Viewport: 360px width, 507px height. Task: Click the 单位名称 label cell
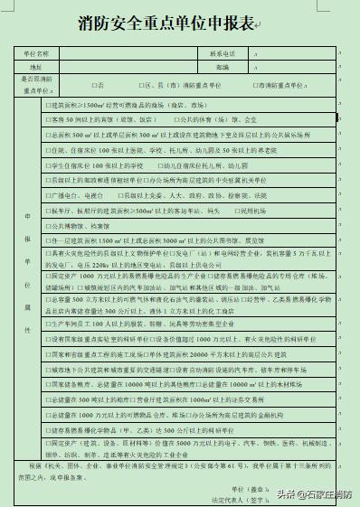tap(36, 54)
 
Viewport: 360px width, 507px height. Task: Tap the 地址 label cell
tap(36, 67)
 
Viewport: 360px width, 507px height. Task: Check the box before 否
tap(94, 84)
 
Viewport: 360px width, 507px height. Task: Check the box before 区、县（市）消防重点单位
tap(138, 84)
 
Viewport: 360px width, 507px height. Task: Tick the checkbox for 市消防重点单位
tap(256, 84)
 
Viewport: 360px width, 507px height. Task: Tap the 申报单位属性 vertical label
tap(27, 271)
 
